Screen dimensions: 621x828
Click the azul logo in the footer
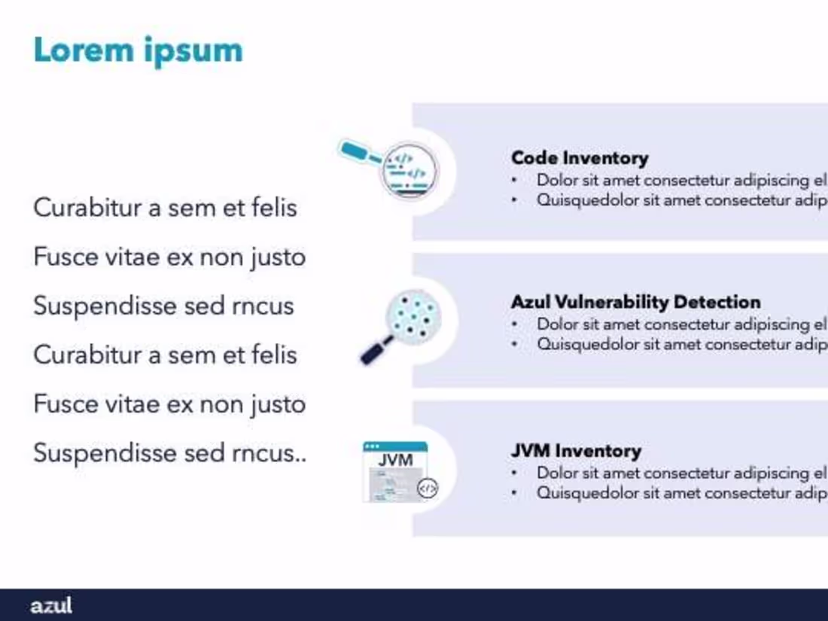pos(51,605)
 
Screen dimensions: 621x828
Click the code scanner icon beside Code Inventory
pos(409,172)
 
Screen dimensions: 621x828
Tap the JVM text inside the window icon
pos(396,460)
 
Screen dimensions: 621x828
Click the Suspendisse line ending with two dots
pos(170,453)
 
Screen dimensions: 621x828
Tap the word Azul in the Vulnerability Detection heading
pos(531,302)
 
